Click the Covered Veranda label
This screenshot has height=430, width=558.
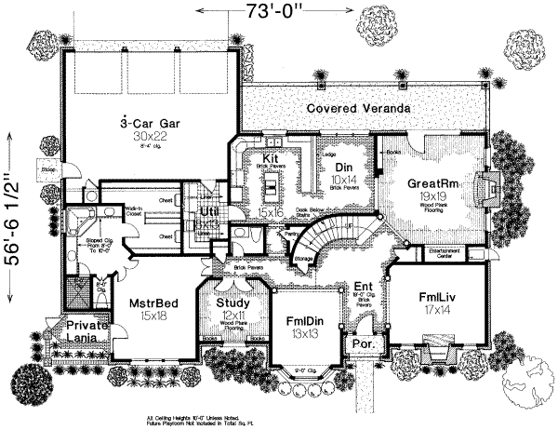[x=357, y=109]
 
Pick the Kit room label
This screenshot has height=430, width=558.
[x=271, y=159]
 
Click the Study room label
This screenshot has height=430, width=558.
[x=232, y=303]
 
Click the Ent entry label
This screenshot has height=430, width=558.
[x=362, y=287]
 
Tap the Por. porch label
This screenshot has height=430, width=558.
[x=360, y=343]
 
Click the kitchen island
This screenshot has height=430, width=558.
[x=272, y=194]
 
